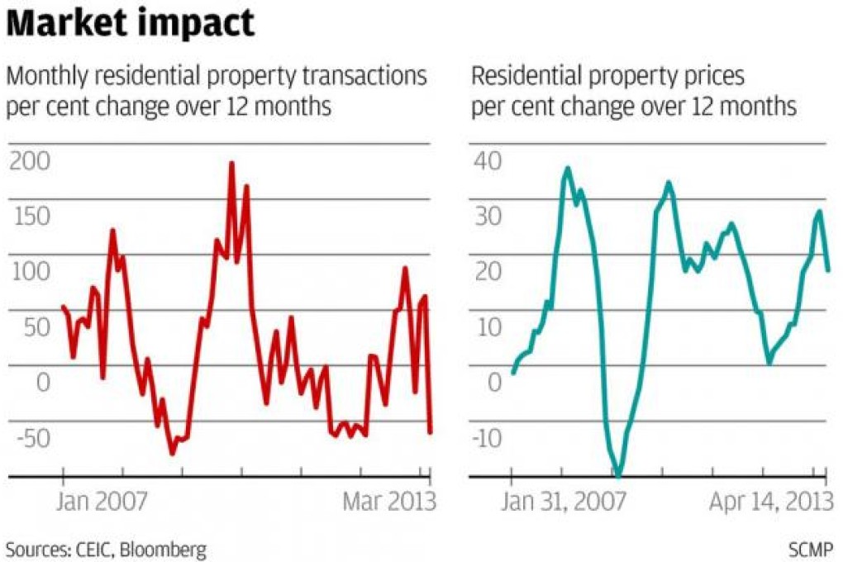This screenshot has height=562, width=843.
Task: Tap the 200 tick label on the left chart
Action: (29, 161)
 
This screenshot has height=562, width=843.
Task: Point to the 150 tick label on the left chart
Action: (29, 217)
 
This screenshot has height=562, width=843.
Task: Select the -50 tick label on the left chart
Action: (27, 438)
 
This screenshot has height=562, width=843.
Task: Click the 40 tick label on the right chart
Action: (488, 161)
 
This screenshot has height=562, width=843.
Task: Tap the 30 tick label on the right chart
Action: (488, 217)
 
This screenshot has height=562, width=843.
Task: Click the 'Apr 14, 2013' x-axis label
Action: (769, 502)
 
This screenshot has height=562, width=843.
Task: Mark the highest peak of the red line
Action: (232, 164)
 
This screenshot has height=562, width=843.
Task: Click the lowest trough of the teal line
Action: (618, 475)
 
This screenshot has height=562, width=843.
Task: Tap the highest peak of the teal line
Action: (567, 169)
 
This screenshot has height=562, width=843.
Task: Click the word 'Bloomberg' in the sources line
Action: (164, 549)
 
